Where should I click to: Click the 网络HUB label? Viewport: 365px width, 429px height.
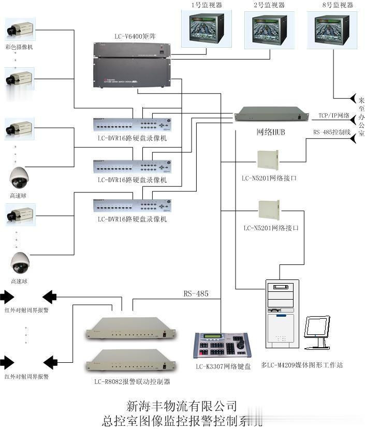coord(271,132)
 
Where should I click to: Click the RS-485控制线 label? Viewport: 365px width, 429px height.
coord(332,132)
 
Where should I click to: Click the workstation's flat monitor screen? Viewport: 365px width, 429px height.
coord(317,328)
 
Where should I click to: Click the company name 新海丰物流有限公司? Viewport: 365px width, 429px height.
coord(182,405)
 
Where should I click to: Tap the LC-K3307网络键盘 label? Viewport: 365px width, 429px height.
coord(223,366)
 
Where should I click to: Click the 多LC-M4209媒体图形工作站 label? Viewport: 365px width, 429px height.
coord(302,365)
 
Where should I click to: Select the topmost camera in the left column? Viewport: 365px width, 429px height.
coord(20,30)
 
